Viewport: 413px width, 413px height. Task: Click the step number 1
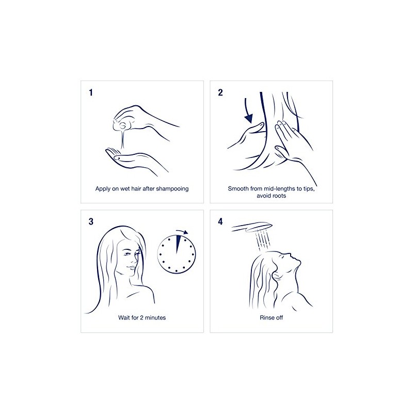92,93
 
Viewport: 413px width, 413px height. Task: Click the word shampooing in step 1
171,188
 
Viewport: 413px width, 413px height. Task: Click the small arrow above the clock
181,232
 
